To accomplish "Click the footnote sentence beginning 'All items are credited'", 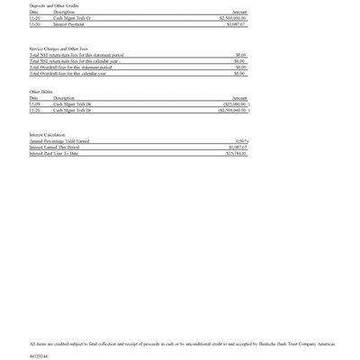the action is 180,344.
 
